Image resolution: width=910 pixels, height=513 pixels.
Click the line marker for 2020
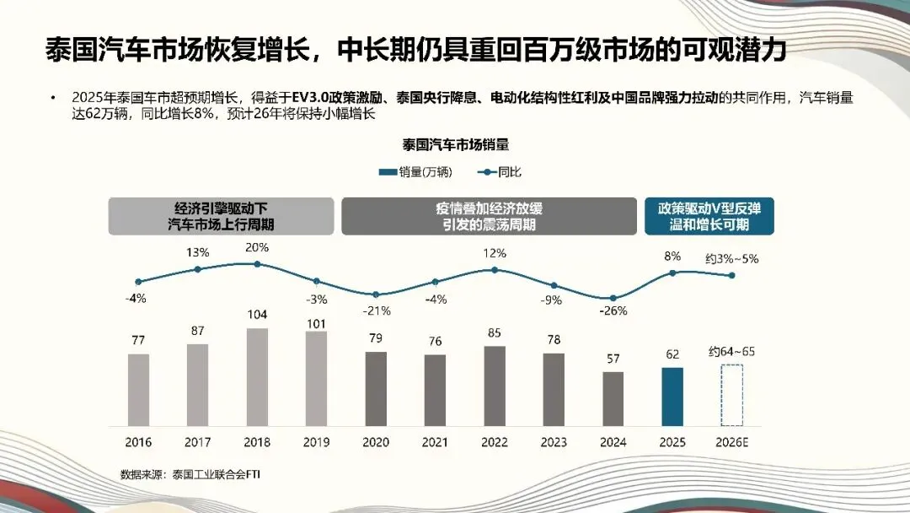coord(376,294)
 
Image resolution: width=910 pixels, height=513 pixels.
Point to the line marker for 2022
coord(495,270)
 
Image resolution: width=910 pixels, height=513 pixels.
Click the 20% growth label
coord(257,247)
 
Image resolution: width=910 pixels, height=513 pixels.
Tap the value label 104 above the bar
coord(257,315)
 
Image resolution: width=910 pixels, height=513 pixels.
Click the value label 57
coord(613,359)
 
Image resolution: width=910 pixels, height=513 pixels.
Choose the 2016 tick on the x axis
coord(138,442)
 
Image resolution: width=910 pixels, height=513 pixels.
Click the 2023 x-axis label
coord(554,442)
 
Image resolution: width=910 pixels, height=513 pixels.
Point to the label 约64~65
coord(732,351)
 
